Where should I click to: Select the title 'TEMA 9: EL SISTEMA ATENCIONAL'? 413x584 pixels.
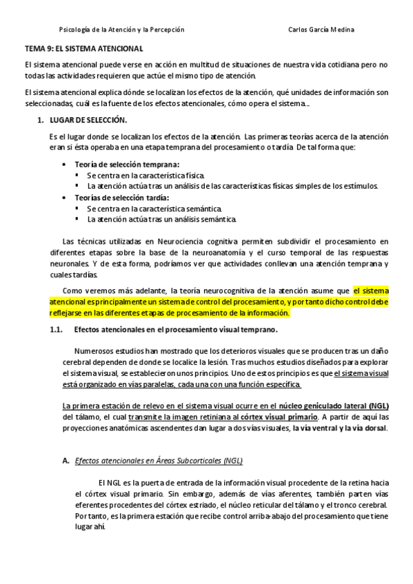pyautogui.click(x=83, y=50)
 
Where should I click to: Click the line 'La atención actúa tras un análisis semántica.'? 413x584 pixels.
pyautogui.click(x=161, y=219)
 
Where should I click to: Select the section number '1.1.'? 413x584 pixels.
pyautogui.click(x=57, y=329)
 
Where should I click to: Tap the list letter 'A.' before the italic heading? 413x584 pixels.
pyautogui.click(x=66, y=461)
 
